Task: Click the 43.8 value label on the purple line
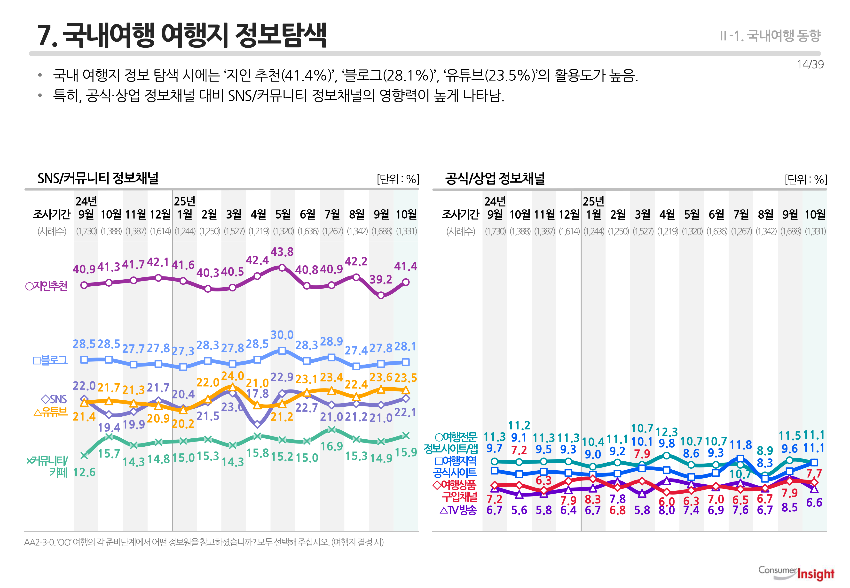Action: pyautogui.click(x=282, y=252)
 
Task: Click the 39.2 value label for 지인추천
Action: pyautogui.click(x=381, y=280)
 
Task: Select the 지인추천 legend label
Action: pyautogui.click(x=47, y=286)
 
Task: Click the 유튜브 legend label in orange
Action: pyautogui.click(x=51, y=412)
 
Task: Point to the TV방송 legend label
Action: pyautogui.click(x=458, y=510)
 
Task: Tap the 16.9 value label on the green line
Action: pyautogui.click(x=331, y=447)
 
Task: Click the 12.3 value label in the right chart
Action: pyautogui.click(x=667, y=432)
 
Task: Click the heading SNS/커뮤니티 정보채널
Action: pyautogui.click(x=98, y=178)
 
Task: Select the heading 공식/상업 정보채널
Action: pyautogui.click(x=495, y=178)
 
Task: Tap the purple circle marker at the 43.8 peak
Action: pyautogui.click(x=282, y=268)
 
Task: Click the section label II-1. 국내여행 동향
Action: pyautogui.click(x=770, y=36)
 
